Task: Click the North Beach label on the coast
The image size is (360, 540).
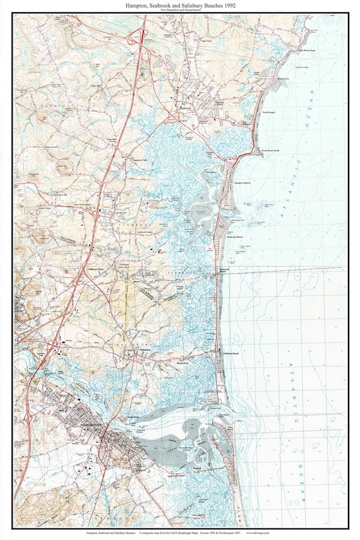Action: (x=269, y=112)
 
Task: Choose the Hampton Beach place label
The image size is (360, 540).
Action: (x=243, y=182)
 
